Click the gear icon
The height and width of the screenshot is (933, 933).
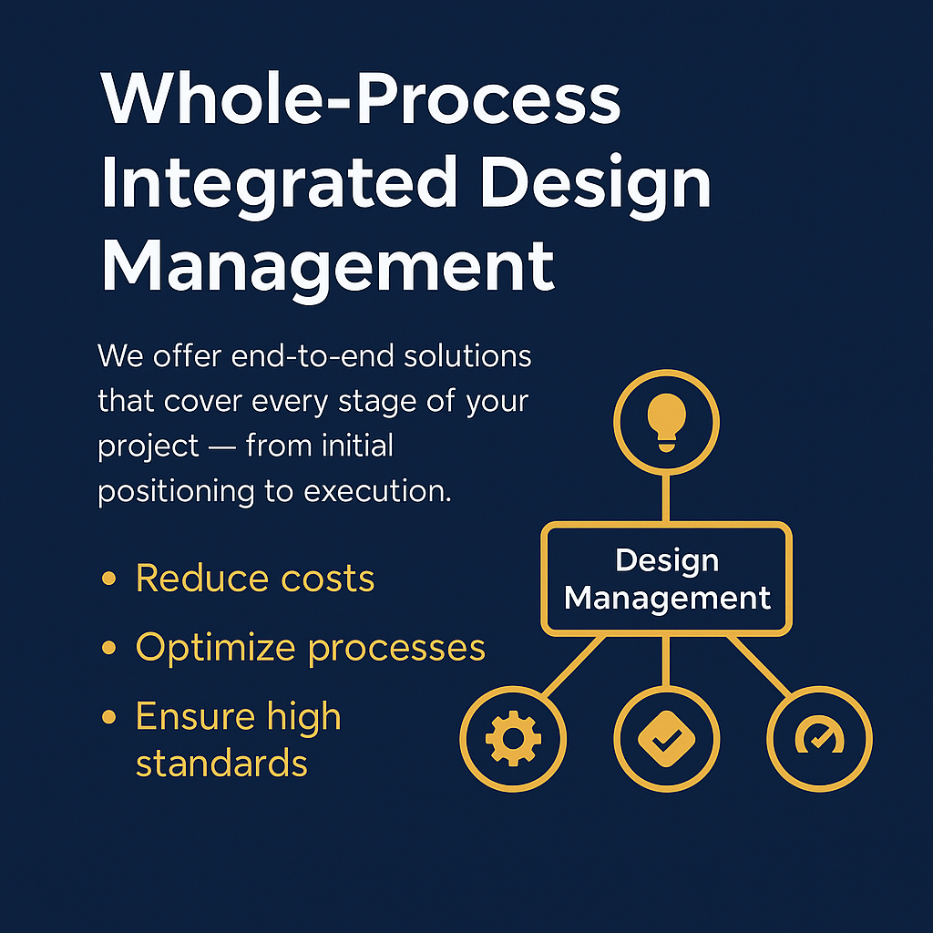pos(513,737)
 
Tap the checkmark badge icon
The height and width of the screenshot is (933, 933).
pos(666,737)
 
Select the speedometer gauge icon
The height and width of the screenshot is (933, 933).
pos(819,737)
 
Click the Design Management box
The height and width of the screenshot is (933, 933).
pos(666,579)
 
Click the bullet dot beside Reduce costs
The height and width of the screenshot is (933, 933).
pos(109,579)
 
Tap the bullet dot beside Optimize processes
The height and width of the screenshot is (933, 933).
pos(109,648)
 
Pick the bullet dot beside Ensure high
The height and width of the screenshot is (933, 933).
pos(109,717)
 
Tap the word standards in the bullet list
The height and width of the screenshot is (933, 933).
pos(221,763)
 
